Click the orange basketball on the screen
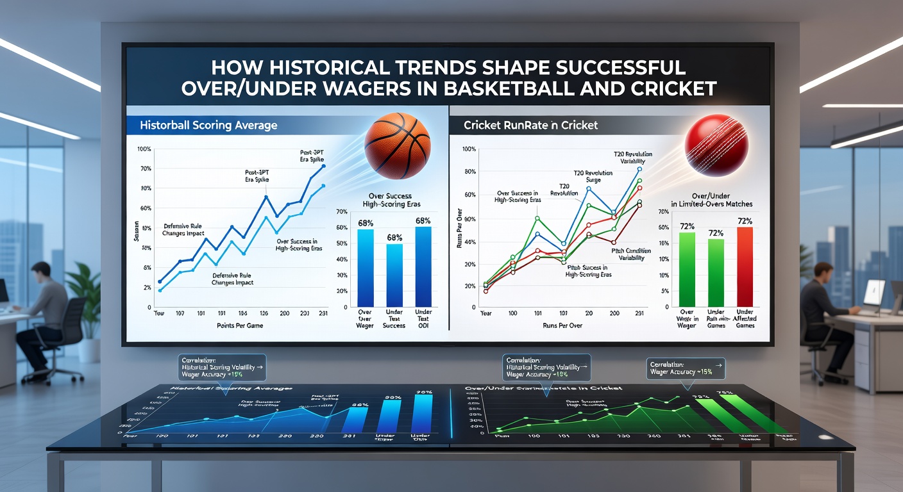(x=398, y=145)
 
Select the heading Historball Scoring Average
(x=208, y=125)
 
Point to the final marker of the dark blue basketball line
(x=323, y=166)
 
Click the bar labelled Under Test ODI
(x=423, y=265)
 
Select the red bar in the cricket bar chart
(x=745, y=266)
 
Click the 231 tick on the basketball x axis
(x=323, y=313)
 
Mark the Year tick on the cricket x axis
(x=485, y=313)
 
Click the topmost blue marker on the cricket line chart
(x=639, y=169)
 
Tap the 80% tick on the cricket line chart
(x=469, y=172)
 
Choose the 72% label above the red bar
(x=745, y=221)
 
